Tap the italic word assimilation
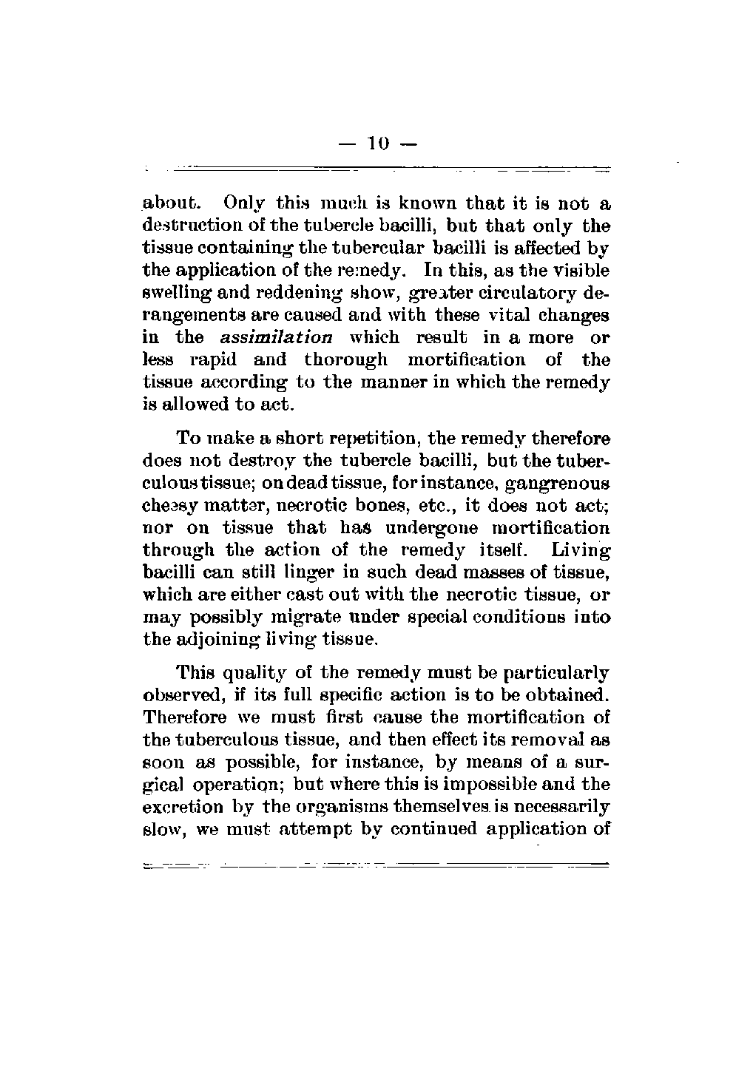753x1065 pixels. click(x=277, y=338)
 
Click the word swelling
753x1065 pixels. click(x=172, y=294)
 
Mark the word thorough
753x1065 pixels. click(x=345, y=360)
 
